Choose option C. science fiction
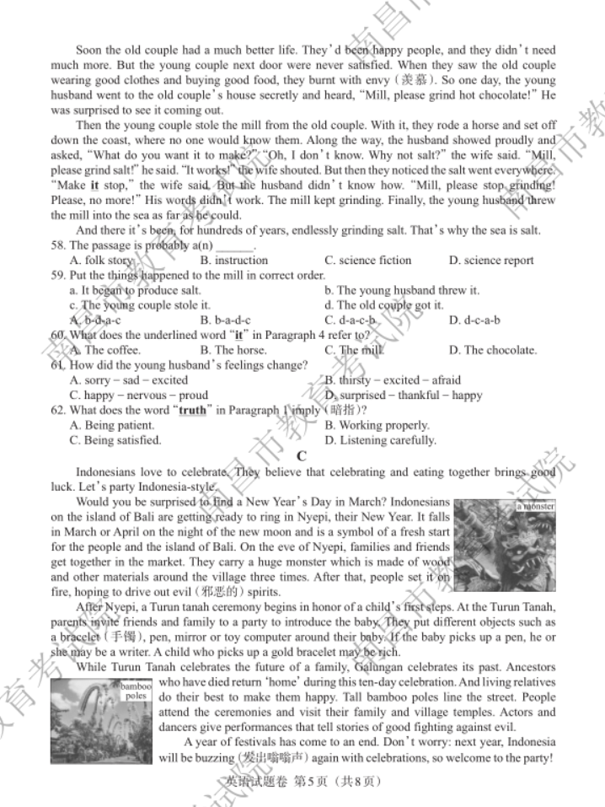tap(367, 260)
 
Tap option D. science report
tap(490, 260)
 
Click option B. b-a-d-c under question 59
tap(225, 320)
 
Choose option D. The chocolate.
tap(492, 350)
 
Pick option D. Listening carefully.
tap(380, 440)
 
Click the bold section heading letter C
tap(302, 456)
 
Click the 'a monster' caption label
tap(535, 506)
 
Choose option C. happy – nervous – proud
tap(139, 395)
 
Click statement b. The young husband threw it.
tap(401, 290)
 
